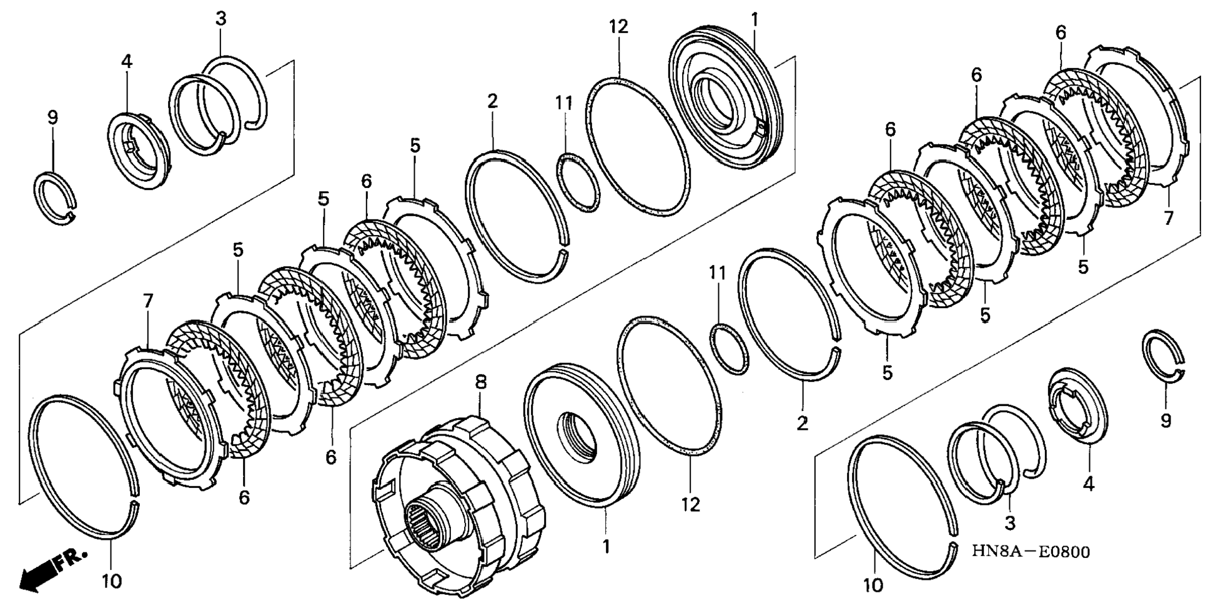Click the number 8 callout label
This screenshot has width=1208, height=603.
[480, 382]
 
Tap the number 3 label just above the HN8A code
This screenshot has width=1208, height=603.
[1010, 522]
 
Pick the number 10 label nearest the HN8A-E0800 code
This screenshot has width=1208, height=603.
[873, 585]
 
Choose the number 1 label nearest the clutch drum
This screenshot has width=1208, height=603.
[605, 547]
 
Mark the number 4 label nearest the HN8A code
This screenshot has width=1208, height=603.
[1089, 483]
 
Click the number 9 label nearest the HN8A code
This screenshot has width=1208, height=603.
[1166, 421]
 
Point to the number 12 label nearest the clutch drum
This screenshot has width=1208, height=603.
[691, 504]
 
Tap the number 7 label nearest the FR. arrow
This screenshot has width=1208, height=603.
[148, 301]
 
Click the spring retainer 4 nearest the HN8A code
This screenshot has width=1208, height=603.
[1078, 406]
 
